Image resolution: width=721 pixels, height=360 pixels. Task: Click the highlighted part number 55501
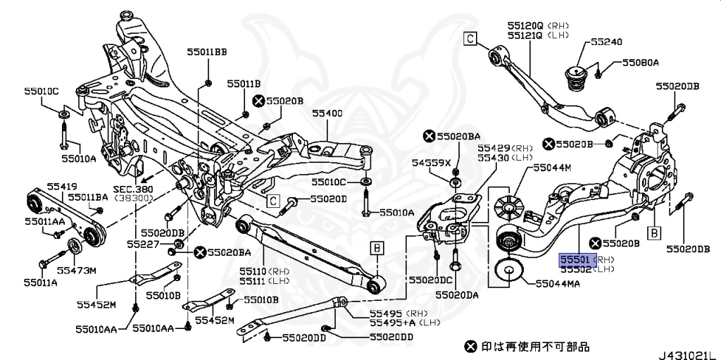click(576, 260)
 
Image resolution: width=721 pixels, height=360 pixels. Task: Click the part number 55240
click(606, 42)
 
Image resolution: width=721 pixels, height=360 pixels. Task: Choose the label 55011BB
click(207, 51)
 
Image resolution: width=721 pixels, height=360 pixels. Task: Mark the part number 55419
click(62, 186)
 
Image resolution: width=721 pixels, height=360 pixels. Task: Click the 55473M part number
click(76, 270)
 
